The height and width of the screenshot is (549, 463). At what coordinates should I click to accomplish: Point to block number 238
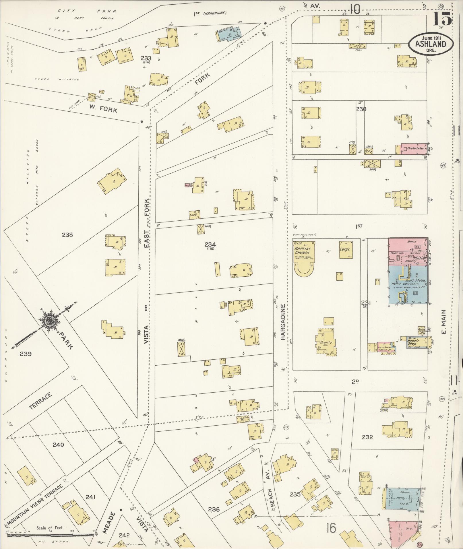coord(67,235)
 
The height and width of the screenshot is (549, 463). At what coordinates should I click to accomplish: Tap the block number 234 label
coord(210,245)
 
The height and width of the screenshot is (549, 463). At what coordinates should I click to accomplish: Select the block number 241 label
coord(90,497)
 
